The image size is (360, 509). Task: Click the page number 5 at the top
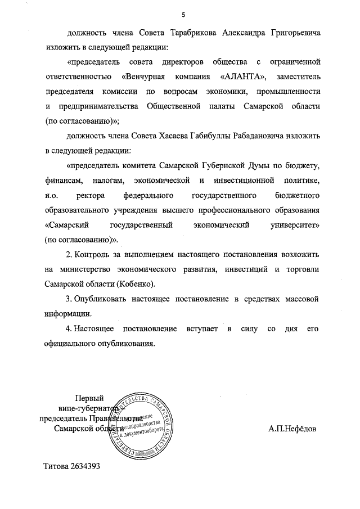coord(183,13)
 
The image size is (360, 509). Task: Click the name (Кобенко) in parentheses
coord(136,284)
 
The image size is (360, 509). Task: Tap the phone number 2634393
coord(85,467)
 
